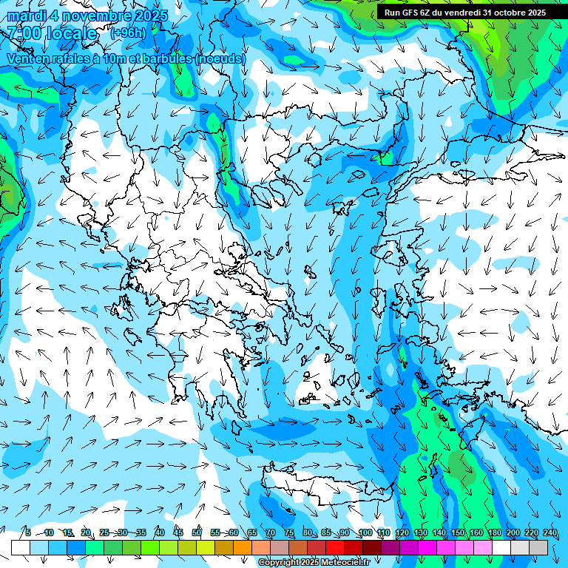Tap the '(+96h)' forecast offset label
pyautogui.click(x=128, y=33)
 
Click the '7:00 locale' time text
pyautogui.click(x=52, y=33)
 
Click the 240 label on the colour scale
pyautogui.click(x=550, y=533)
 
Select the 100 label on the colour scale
pyautogui.click(x=365, y=533)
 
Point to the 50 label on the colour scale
pyautogui.click(x=197, y=533)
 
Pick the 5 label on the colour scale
pyautogui.click(x=27, y=533)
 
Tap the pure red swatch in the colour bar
pyautogui.click(x=335, y=547)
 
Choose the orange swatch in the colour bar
pyautogui.click(x=243, y=547)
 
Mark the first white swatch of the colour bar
pyautogui.click(x=21, y=547)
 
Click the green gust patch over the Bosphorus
pyautogui.click(x=383, y=157)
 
